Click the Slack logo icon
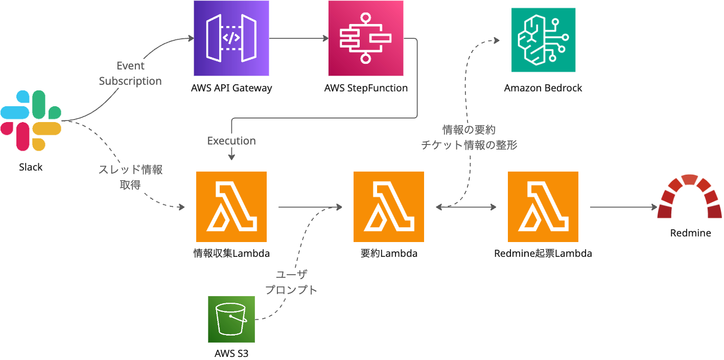tap(31, 121)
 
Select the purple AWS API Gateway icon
tap(231, 38)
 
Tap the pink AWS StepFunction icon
tap(365, 38)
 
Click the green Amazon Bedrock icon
tap(543, 40)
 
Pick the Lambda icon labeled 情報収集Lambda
tap(231, 206)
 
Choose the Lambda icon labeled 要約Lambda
tap(389, 206)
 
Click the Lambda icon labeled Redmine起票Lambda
tap(543, 206)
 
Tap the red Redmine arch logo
tap(690, 197)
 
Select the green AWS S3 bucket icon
tap(231, 319)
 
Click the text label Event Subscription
tap(130, 74)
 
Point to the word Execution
tap(231, 141)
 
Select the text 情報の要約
tap(469, 130)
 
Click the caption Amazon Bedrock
tap(543, 88)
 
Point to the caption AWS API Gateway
tap(231, 88)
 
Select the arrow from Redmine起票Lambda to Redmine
tap(623, 207)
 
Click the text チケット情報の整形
tap(469, 146)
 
